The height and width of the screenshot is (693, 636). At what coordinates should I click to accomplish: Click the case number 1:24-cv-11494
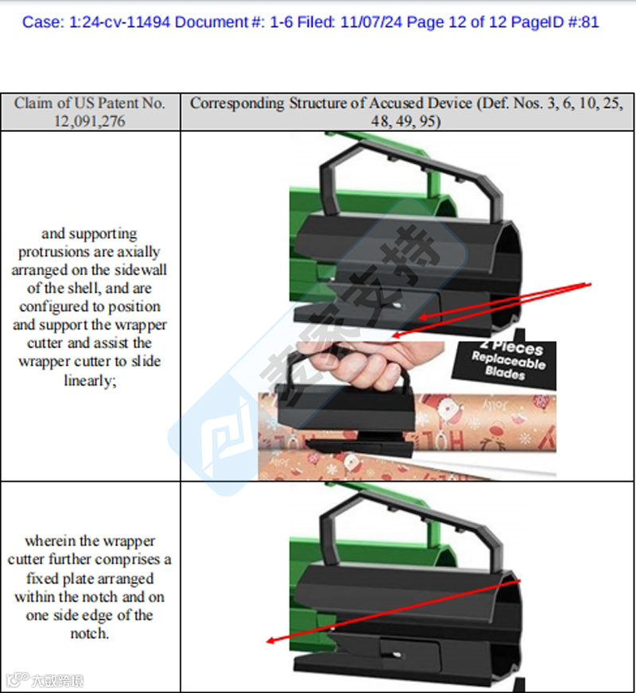coord(119,22)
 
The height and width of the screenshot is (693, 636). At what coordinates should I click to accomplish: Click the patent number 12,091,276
coord(90,121)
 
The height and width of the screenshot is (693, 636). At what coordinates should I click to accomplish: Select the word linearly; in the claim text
coord(90,380)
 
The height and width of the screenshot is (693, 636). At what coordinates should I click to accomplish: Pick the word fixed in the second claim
coord(41,578)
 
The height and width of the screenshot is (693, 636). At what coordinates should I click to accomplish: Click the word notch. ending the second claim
coord(90,633)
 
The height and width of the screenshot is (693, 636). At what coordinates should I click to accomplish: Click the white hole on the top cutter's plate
coord(397,305)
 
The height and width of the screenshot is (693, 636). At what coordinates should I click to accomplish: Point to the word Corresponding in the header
coord(237,103)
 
